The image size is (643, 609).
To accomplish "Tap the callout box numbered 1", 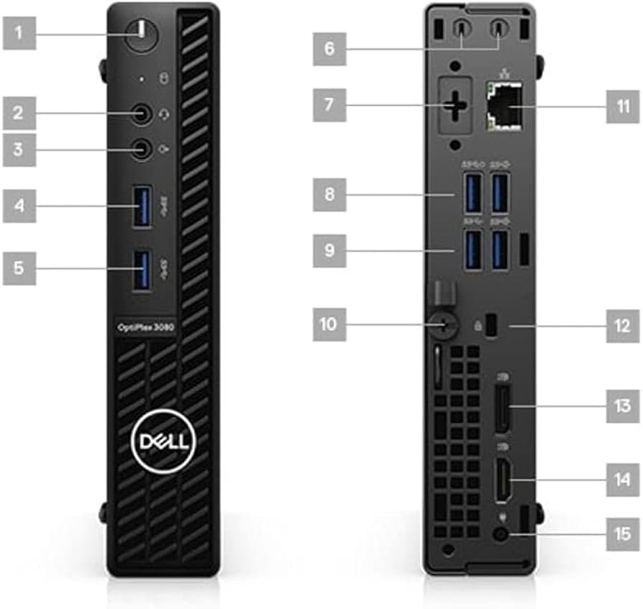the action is pyautogui.click(x=19, y=32).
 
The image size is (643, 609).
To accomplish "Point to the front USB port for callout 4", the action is pyautogui.click(x=142, y=206).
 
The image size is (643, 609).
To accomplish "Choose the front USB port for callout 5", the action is pyautogui.click(x=142, y=269).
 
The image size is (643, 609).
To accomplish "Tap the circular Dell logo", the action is pyautogui.click(x=162, y=441).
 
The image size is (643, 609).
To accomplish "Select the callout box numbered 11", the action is pyautogui.click(x=623, y=107).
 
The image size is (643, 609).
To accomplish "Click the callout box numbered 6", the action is pyautogui.click(x=329, y=50).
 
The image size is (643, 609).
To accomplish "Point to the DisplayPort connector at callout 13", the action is pyautogui.click(x=501, y=408).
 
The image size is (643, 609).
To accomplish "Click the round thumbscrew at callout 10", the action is pyautogui.click(x=444, y=324).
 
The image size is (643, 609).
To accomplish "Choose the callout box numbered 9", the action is pyautogui.click(x=329, y=251).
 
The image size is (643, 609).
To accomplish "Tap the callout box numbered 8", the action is pyautogui.click(x=329, y=195).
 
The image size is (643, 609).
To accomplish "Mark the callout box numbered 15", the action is pyautogui.click(x=623, y=534).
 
